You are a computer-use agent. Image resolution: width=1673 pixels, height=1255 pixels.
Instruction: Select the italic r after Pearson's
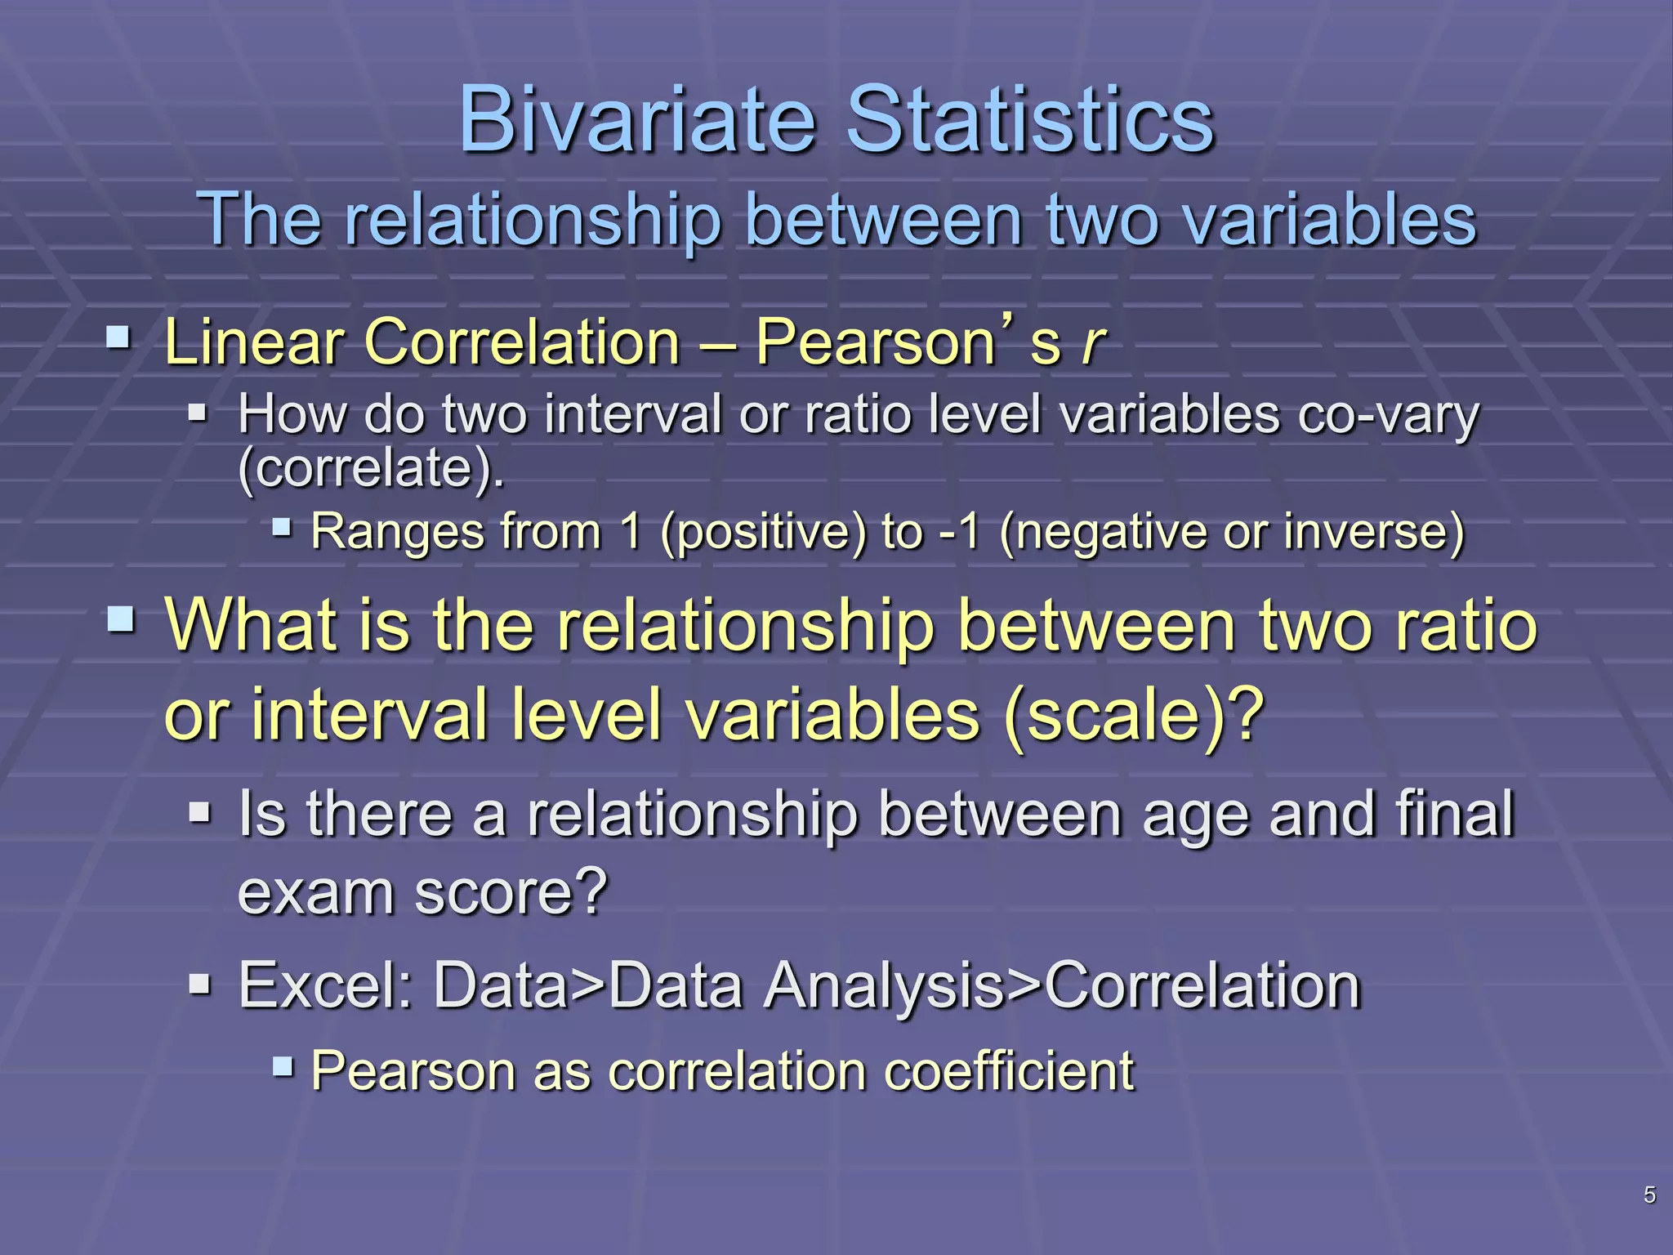click(x=1091, y=343)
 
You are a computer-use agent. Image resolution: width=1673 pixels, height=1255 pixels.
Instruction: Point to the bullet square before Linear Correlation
click(x=118, y=337)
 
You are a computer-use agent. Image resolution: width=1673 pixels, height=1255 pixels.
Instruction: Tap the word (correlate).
click(x=370, y=468)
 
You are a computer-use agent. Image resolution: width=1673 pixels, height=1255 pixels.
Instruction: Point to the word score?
click(x=511, y=892)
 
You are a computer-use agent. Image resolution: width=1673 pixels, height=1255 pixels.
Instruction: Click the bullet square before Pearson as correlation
click(x=283, y=1065)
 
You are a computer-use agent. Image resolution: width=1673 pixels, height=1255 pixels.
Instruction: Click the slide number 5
click(x=1649, y=1195)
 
